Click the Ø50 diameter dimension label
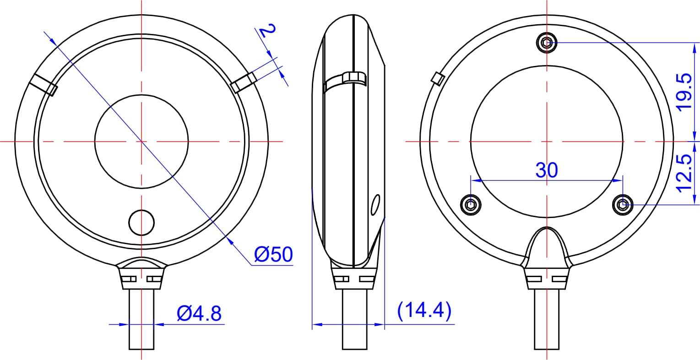tap(273, 255)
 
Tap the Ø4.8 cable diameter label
tap(199, 314)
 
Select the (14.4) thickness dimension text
tap(424, 311)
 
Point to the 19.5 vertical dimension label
tap(685, 92)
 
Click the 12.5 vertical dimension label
tap(685, 173)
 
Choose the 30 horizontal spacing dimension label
tap(547, 170)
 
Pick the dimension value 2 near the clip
tap(268, 31)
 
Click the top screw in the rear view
tap(546, 43)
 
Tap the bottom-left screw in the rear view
tap(471, 204)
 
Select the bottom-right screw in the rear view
tap(622, 204)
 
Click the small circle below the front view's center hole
tap(141, 223)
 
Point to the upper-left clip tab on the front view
tap(43, 84)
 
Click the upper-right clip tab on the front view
tap(243, 82)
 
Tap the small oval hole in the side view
tap(375, 205)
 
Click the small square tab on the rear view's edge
tap(438, 78)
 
